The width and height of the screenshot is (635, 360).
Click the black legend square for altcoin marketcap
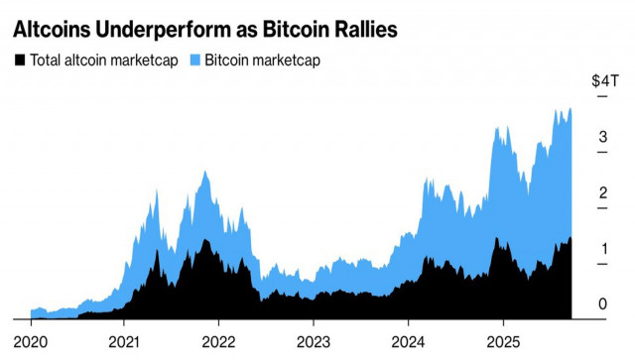pyautogui.click(x=19, y=60)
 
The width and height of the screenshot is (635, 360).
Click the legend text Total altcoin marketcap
pyautogui.click(x=103, y=60)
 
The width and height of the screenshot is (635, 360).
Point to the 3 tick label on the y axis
pyautogui.click(x=601, y=138)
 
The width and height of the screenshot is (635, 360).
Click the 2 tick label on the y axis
pyautogui.click(x=601, y=192)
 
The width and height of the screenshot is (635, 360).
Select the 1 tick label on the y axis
pyautogui.click(x=601, y=248)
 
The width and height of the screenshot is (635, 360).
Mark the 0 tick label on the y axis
pyautogui.click(x=601, y=303)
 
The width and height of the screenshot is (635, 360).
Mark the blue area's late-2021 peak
pyautogui.click(x=205, y=173)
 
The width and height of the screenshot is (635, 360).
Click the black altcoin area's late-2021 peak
pyautogui.click(x=205, y=240)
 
